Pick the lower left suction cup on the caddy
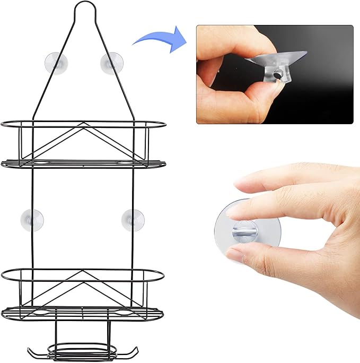[32, 219]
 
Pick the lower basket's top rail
[83, 271]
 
